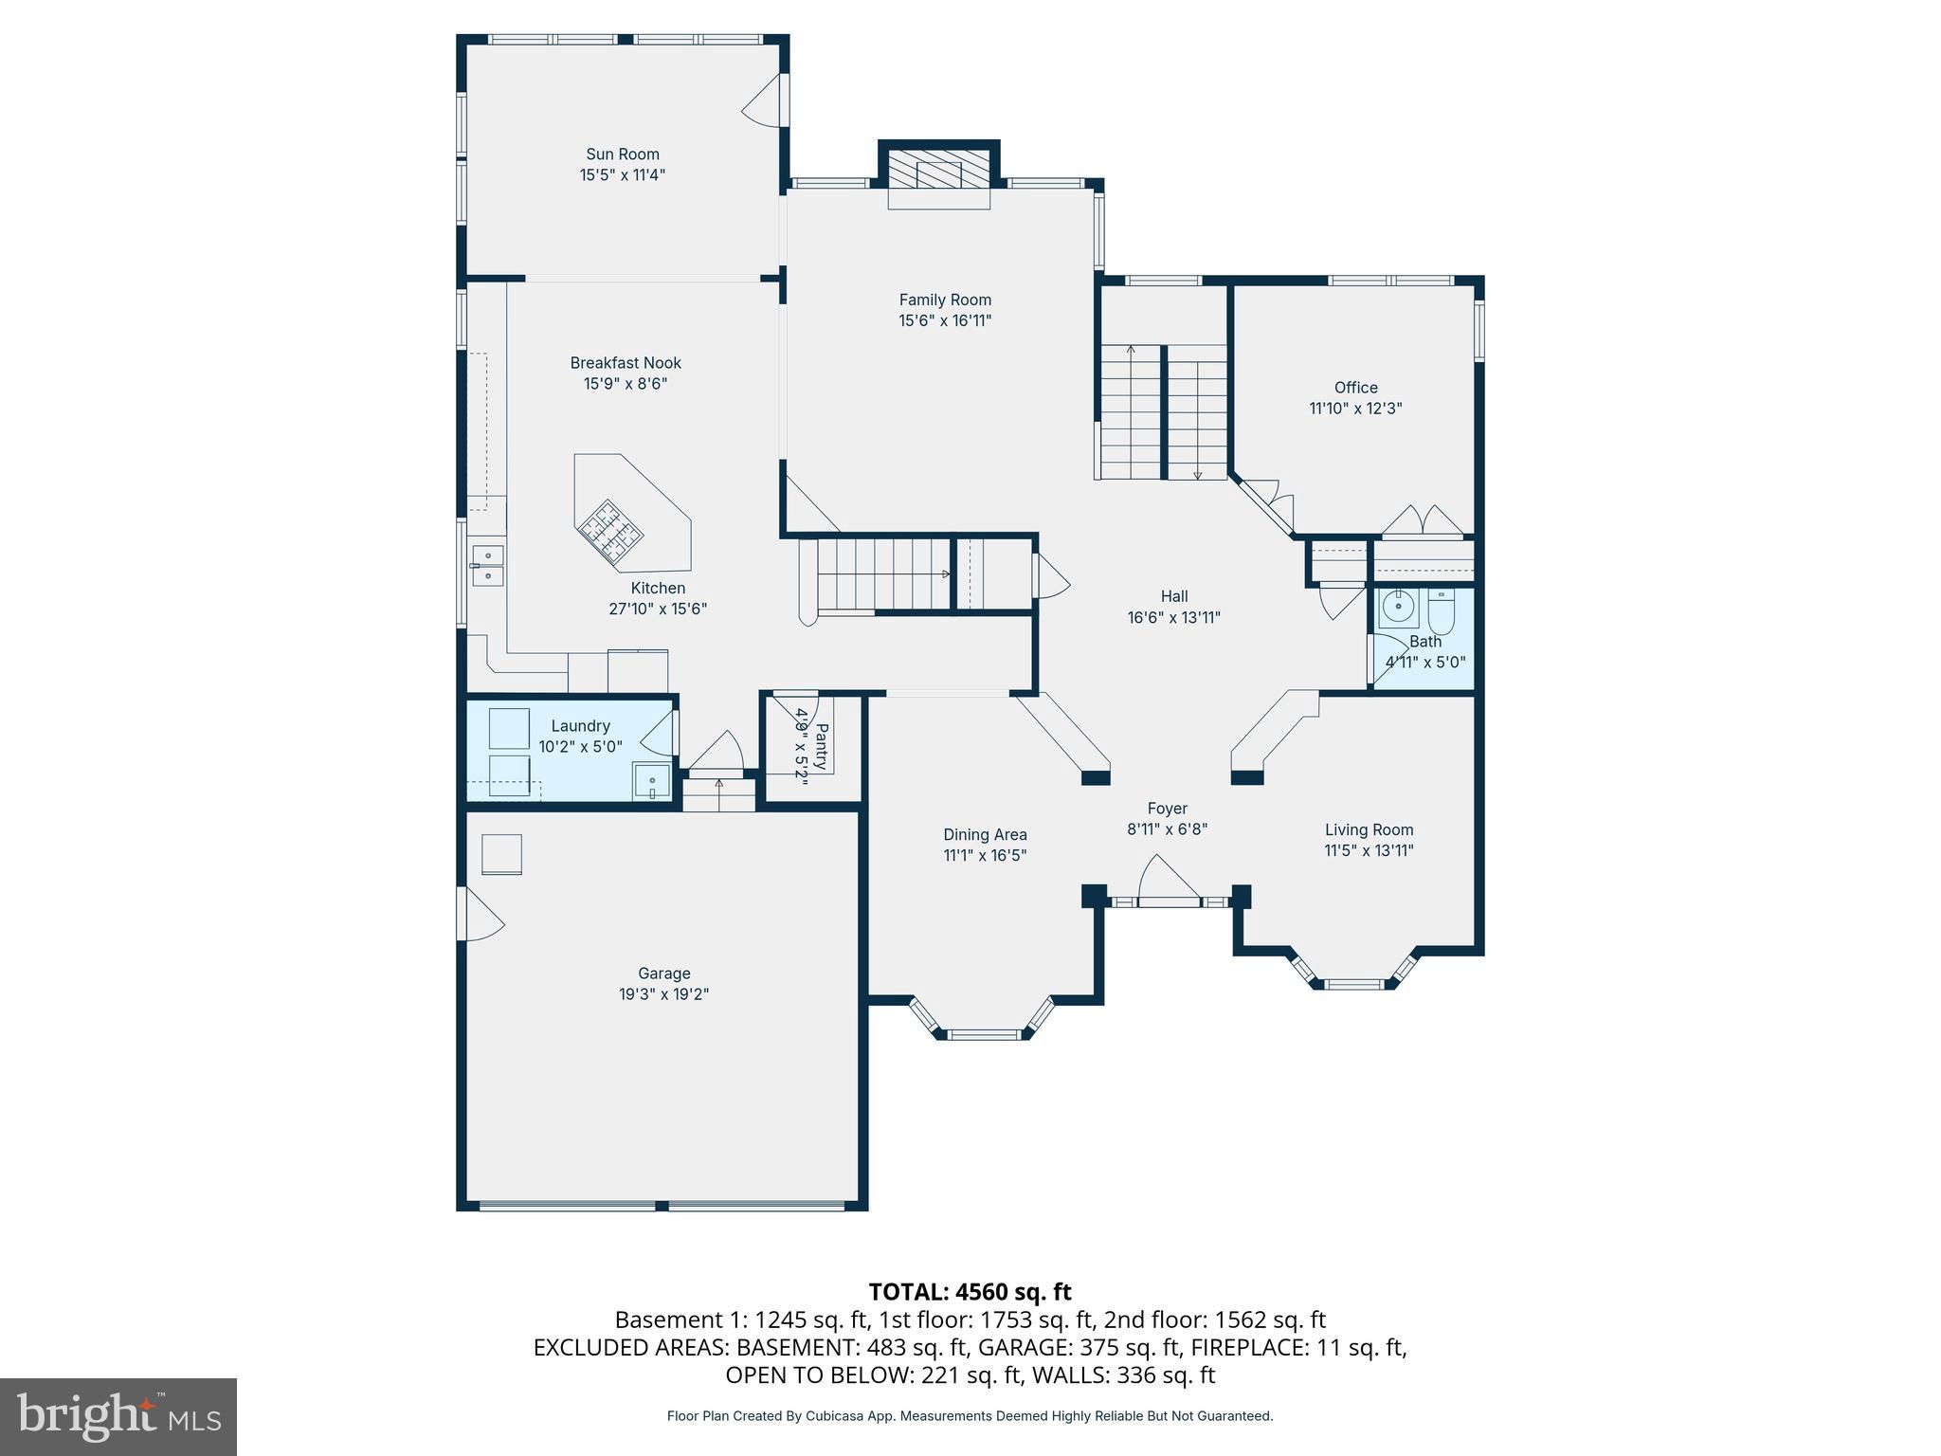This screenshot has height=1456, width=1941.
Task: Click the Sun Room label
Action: coord(622,155)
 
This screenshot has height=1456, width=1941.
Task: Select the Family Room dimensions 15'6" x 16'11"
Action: coord(945,320)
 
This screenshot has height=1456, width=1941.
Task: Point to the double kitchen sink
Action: coord(487,565)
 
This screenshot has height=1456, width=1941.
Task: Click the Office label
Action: coord(1355,388)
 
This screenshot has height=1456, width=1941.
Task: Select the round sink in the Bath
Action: coord(1398,608)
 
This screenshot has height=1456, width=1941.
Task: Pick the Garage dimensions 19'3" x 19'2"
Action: coord(663,994)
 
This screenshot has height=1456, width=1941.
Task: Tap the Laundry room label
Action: coord(580,726)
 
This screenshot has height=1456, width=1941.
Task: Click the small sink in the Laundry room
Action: coord(652,783)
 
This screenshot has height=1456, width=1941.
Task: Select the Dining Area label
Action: coord(985,835)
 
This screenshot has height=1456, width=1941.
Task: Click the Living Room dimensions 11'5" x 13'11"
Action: coord(1369,850)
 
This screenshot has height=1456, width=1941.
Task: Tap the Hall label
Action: coord(1173,596)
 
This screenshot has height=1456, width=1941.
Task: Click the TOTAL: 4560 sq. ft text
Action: coord(970,1292)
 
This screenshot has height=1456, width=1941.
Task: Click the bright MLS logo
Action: coord(118,1417)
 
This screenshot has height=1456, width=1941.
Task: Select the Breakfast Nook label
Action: coord(626,363)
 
